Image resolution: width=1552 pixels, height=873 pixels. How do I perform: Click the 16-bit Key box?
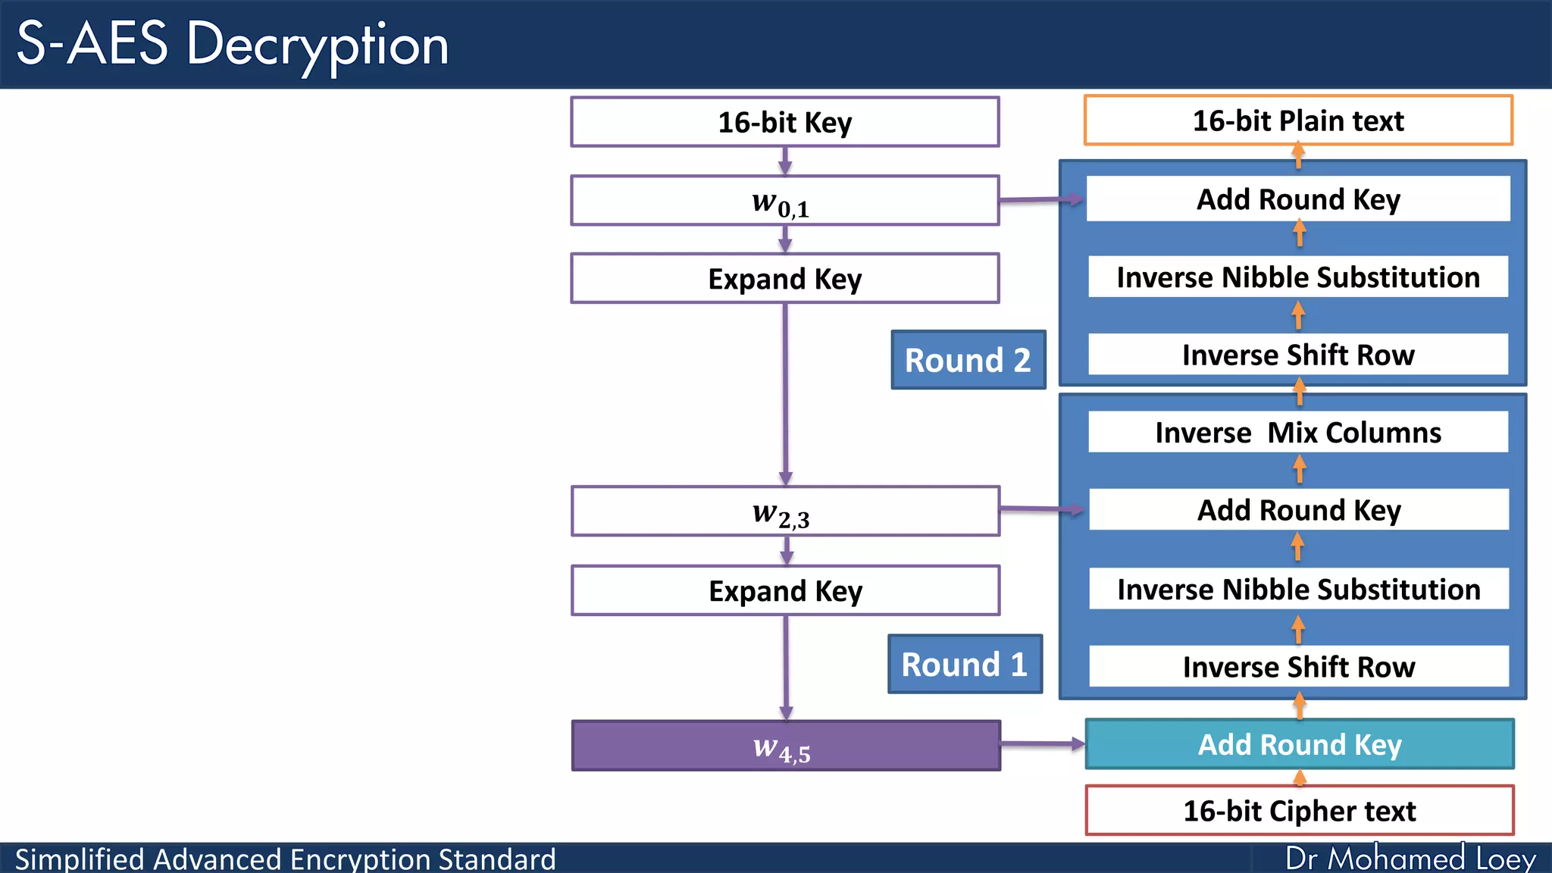point(784,122)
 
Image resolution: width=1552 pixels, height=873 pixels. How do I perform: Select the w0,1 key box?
point(784,201)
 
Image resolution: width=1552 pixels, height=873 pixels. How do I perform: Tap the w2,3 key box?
point(785,512)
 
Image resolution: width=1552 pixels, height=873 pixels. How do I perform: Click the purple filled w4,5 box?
point(786,746)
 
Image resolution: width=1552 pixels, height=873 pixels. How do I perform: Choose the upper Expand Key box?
point(784,279)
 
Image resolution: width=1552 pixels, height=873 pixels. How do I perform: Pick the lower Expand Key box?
point(785,590)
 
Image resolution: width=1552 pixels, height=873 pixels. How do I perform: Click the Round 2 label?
point(968,360)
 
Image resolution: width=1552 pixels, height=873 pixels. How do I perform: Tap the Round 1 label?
point(964,665)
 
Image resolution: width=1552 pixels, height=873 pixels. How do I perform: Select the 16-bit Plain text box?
point(1297,120)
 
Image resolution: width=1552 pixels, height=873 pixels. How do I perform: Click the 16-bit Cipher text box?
point(1299,811)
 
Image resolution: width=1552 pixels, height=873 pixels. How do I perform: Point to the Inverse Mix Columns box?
point(1297,432)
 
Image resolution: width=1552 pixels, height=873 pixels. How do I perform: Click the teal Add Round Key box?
point(1299,744)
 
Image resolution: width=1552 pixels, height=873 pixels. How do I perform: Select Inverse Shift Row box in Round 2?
point(1297,355)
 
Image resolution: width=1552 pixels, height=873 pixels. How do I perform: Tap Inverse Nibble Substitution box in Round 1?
point(1298,589)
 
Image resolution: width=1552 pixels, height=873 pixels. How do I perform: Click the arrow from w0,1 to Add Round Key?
point(1040,200)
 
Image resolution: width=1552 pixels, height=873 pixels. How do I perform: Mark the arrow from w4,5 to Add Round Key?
point(1042,744)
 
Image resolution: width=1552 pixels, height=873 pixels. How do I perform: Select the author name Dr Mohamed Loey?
point(1410,859)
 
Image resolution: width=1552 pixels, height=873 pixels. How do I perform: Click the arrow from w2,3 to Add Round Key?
point(1042,509)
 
